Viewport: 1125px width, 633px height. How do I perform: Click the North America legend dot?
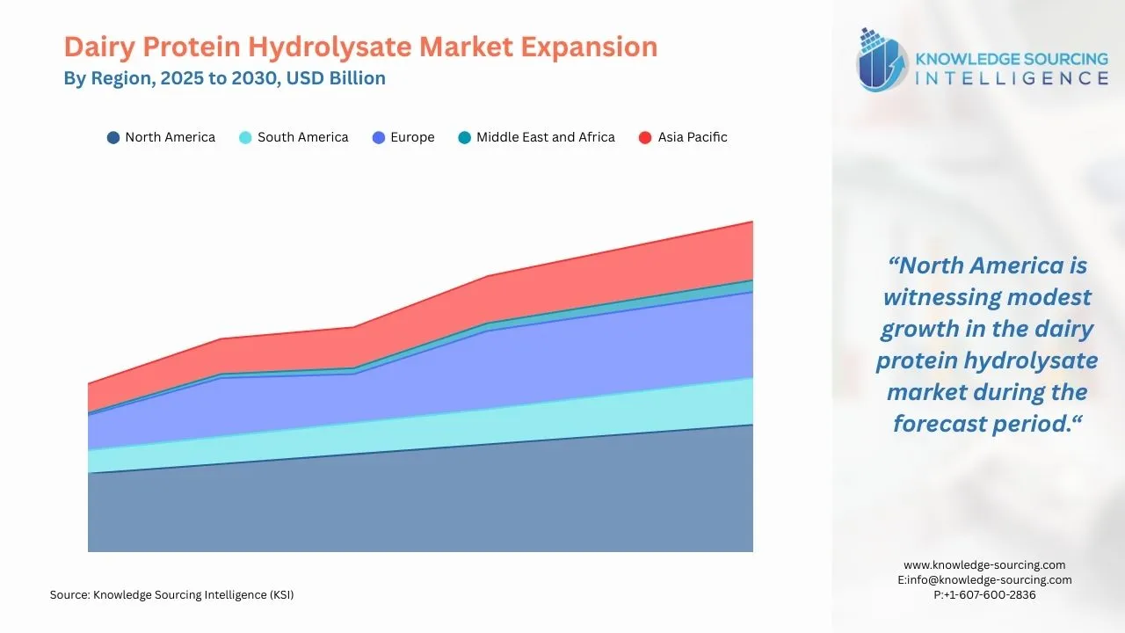click(x=113, y=138)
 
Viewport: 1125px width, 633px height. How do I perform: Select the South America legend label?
click(x=302, y=137)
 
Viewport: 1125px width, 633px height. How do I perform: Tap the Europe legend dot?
click(x=379, y=138)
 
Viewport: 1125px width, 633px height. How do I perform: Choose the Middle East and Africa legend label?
click(x=545, y=137)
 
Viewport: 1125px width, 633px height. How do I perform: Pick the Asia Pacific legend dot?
click(x=645, y=138)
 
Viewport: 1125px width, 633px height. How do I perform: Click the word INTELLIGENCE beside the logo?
click(x=1012, y=78)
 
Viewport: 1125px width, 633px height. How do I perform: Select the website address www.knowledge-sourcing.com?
click(x=984, y=565)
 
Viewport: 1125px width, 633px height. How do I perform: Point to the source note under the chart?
click(x=171, y=595)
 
